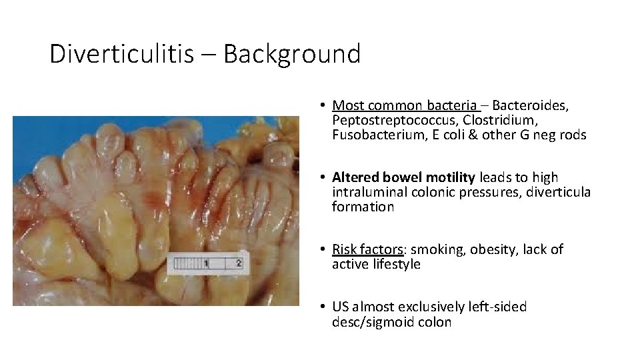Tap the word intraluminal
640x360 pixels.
367,192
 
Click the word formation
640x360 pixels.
363,207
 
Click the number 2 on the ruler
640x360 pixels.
239,263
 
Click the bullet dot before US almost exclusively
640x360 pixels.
321,307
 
